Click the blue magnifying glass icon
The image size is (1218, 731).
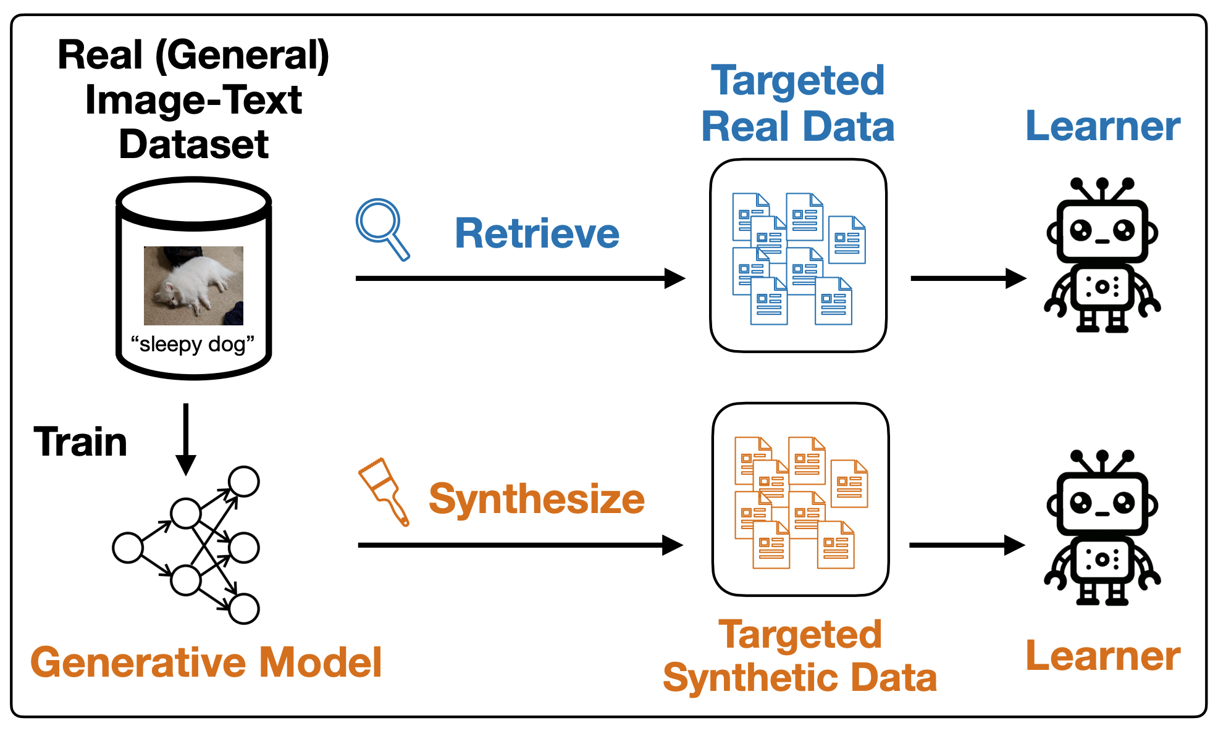[x=381, y=228]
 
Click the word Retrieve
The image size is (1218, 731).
[x=537, y=233]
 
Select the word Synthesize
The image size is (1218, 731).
[x=537, y=499]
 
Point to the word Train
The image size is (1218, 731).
[x=80, y=442]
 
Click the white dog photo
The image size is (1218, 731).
[x=193, y=285]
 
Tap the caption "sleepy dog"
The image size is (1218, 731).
[x=193, y=344]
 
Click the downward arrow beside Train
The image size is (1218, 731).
[x=185, y=440]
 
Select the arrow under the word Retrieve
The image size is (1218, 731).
[x=520, y=278]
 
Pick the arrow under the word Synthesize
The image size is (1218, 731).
[x=520, y=545]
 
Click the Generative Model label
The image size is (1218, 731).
[x=206, y=662]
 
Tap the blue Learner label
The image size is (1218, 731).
[x=1103, y=126]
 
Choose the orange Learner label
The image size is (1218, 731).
[x=1103, y=656]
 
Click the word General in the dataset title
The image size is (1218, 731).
[x=243, y=56]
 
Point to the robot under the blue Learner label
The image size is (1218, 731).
[x=1102, y=255]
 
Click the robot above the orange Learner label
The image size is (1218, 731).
[x=1102, y=527]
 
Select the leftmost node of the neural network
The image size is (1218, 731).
[x=128, y=548]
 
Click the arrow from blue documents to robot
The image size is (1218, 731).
[x=968, y=278]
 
